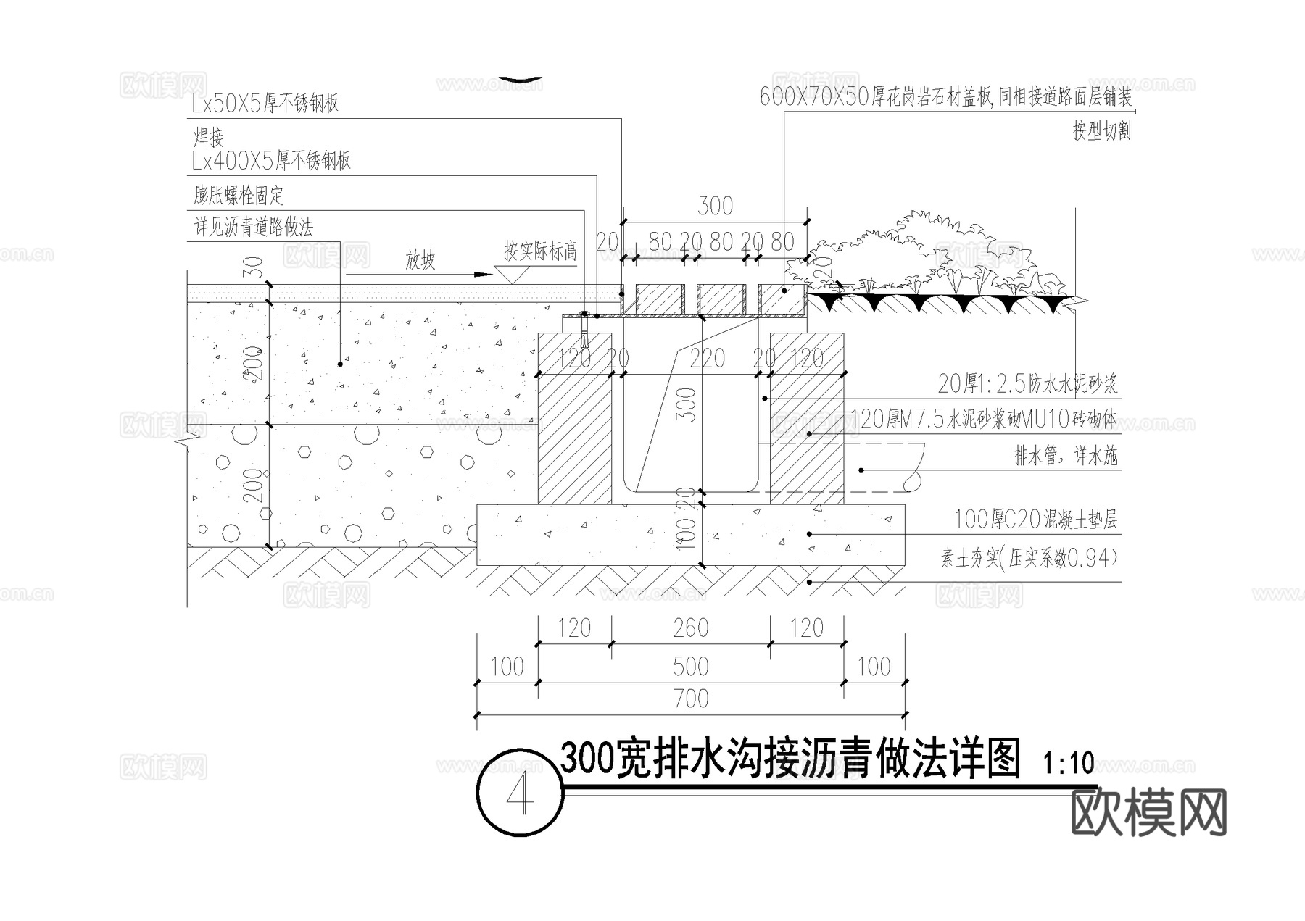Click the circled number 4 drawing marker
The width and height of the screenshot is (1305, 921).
[x=520, y=793]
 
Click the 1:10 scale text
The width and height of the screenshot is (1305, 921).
[x=1068, y=763]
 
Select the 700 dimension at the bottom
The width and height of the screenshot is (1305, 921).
[x=690, y=699]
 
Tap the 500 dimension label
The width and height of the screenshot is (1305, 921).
[x=690, y=667]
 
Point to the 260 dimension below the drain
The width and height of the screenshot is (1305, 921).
[x=690, y=628]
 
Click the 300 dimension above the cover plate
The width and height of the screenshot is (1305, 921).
[x=715, y=206]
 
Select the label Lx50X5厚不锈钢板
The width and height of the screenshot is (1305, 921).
[x=265, y=104]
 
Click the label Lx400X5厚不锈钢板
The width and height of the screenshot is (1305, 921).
[x=271, y=160]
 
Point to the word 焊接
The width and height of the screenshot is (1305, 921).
[x=208, y=136]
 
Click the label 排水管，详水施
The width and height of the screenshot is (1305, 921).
[x=1065, y=456]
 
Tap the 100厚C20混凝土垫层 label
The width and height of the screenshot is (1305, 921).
[x=1035, y=519]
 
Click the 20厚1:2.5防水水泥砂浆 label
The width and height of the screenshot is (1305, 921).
[x=1027, y=383]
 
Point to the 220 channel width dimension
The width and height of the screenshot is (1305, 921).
[x=707, y=358]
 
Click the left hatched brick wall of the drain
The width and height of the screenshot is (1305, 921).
[x=574, y=435]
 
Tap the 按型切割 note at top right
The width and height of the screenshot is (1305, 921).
[x=1101, y=131]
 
